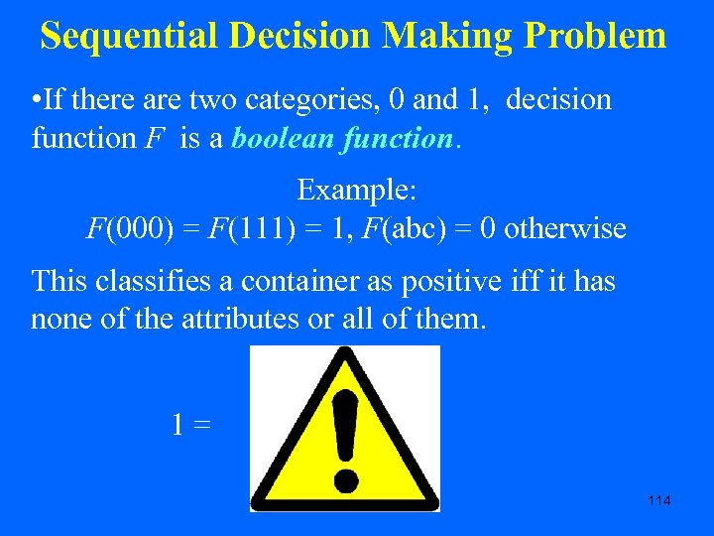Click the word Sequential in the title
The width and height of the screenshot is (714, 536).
(x=130, y=36)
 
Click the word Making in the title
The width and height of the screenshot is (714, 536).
(x=447, y=36)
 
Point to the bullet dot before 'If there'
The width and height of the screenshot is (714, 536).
(x=36, y=100)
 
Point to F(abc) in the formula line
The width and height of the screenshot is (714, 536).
(x=383, y=229)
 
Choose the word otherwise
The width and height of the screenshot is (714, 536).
(x=565, y=229)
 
